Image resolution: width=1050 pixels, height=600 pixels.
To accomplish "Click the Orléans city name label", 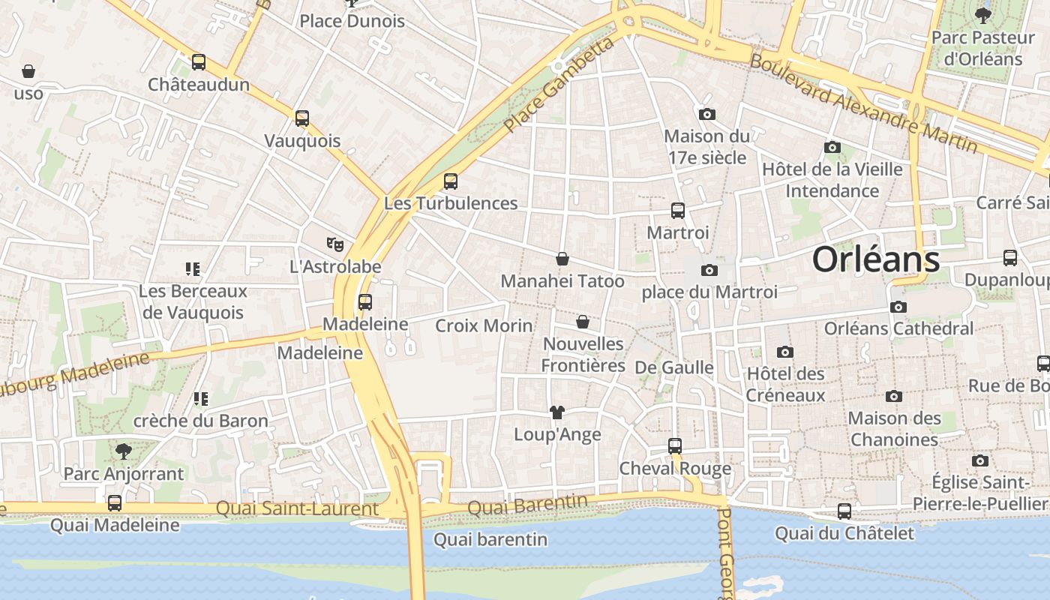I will pos(875,259).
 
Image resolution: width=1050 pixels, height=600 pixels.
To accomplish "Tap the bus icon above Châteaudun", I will pos(199,62).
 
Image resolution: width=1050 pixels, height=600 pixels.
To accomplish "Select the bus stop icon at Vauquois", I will pos(302,118).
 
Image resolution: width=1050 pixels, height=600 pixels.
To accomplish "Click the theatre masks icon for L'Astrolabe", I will pos(335,244).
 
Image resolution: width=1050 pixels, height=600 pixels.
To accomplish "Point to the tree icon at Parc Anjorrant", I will pos(124,451).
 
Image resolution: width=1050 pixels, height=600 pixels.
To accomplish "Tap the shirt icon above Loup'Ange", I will pos(557,412).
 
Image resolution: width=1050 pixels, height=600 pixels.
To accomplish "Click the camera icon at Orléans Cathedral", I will pos(898,307).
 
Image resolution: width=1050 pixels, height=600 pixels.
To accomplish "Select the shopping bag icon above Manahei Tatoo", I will pos(562,259).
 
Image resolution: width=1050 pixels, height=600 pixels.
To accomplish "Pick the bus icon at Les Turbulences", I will pos(451,181).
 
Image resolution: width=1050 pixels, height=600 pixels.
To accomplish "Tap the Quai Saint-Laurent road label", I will pos(297,509).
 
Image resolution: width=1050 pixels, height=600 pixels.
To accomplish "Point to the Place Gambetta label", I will pos(559,85).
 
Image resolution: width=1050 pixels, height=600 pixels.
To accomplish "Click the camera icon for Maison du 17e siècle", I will pos(706,115).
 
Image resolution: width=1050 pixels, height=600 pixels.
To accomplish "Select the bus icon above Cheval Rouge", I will pos(675,446).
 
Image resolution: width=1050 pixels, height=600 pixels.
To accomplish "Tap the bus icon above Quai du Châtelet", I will pos(844,511).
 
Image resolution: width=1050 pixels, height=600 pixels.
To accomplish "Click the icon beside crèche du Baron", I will pos(200,399).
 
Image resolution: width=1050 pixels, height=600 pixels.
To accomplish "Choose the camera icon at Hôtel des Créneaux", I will pos(785,352).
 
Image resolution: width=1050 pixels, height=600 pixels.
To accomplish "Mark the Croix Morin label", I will pos(484,325).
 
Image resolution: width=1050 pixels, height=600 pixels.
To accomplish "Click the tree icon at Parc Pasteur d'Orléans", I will pos(982,14).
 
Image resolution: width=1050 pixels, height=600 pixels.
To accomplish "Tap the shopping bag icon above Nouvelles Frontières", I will pos(583,322).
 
